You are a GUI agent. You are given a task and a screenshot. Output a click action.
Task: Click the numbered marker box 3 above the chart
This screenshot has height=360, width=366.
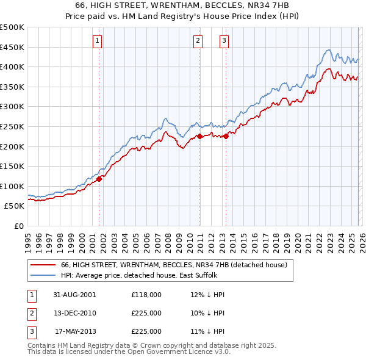[224, 41]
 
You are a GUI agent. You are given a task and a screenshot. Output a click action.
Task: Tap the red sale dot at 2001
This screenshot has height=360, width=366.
[99, 179]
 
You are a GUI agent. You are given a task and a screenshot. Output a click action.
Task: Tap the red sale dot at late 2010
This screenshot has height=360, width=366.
[199, 137]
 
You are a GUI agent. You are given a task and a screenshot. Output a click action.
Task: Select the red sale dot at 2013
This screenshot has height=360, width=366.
[226, 137]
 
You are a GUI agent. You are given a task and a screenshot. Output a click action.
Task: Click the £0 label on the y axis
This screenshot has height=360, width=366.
[18, 226]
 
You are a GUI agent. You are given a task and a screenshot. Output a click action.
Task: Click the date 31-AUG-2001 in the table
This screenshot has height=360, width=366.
[76, 295]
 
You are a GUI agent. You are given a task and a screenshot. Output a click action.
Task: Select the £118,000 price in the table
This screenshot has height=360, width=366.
[146, 295]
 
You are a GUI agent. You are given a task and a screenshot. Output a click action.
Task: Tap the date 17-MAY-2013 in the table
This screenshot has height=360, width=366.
[76, 331]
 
